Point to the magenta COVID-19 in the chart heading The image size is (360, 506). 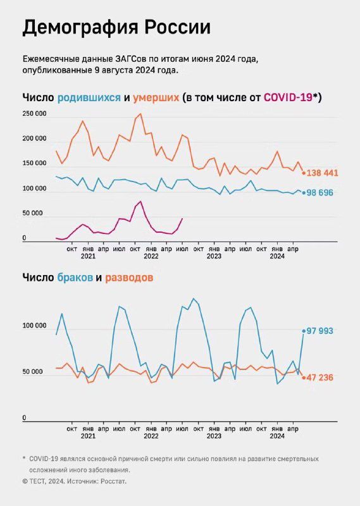[x=288, y=97]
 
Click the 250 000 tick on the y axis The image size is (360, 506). [x=34, y=114]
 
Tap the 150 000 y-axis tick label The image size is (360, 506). [x=34, y=164]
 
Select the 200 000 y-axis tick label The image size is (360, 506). [x=34, y=139]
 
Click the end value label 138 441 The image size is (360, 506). [x=323, y=173]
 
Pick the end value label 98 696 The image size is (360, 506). [x=321, y=192]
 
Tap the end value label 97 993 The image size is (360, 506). [x=320, y=331]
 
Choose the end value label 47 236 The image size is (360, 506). [x=320, y=378]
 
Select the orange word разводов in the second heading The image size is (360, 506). [x=129, y=278]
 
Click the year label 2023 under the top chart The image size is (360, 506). [x=214, y=257]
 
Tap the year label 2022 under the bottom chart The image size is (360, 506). [x=151, y=436]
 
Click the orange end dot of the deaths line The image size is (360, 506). [x=304, y=173]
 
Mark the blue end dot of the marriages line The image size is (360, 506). [x=304, y=331]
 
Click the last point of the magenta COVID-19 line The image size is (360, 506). [x=182, y=219]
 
